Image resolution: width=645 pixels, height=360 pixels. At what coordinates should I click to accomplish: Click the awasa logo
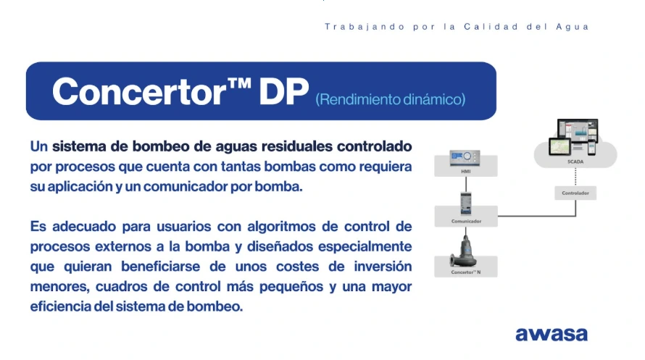pyautogui.click(x=552, y=334)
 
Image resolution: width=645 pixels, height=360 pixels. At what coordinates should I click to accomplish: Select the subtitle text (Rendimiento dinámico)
pyautogui.click(x=391, y=99)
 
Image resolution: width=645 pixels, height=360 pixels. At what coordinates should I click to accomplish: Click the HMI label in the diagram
pyautogui.click(x=465, y=172)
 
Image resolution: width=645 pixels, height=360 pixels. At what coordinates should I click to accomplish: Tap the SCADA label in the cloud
pyautogui.click(x=575, y=162)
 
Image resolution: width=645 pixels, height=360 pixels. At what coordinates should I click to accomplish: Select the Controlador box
pyautogui.click(x=575, y=193)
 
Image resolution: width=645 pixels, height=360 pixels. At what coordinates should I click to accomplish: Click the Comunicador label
pyautogui.click(x=465, y=220)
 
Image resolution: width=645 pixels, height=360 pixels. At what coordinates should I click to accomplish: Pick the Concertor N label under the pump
pyautogui.click(x=465, y=272)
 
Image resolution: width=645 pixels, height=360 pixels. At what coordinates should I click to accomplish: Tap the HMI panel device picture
pyautogui.click(x=465, y=158)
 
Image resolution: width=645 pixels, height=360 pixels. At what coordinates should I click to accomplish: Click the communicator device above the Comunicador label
pyautogui.click(x=465, y=201)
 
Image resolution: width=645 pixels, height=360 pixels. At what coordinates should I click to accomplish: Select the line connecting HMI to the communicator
pyautogui.click(x=465, y=183)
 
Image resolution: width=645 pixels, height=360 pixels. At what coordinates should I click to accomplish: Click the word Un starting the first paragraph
pyautogui.click(x=39, y=146)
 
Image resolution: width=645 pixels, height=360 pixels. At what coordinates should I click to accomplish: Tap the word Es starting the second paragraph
pyautogui.click(x=38, y=226)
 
